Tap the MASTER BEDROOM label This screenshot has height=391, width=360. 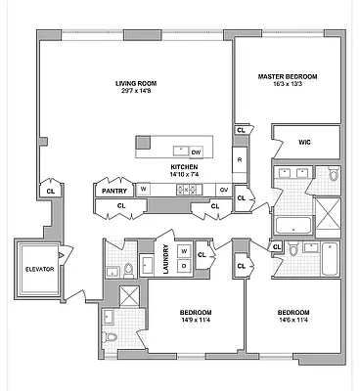coord(288,75)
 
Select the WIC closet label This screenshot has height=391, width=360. coord(304,143)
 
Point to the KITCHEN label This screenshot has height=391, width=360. coord(185,168)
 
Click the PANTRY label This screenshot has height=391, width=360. coord(113,191)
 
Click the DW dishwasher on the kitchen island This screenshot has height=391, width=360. coord(196,152)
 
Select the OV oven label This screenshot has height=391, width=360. coord(224,190)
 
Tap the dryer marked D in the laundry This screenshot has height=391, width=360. coord(183,266)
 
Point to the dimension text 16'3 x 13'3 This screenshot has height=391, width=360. coord(288,85)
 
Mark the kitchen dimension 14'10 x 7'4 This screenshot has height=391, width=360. coord(185,177)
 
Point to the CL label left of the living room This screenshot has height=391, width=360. coord(51,192)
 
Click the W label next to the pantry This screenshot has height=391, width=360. coord(143,190)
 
